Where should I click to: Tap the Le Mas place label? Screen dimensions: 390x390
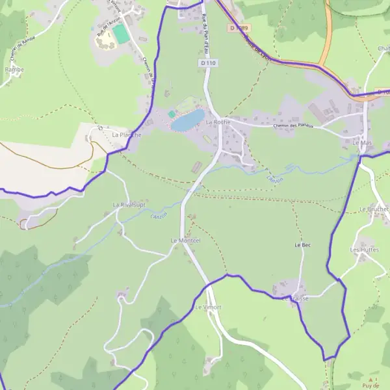coord(361,142)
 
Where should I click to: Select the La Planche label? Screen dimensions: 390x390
coord(127,135)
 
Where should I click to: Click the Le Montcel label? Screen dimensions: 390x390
coord(186,240)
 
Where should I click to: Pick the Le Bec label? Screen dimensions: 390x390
coord(302,245)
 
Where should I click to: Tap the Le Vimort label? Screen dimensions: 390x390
coord(207,306)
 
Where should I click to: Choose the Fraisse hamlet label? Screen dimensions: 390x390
coord(300,298)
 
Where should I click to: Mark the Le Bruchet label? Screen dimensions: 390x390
coord(374,209)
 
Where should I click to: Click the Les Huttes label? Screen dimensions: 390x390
coord(364,250)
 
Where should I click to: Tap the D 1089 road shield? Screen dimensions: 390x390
coord(239,28)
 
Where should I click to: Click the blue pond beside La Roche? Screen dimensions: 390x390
coord(188,120)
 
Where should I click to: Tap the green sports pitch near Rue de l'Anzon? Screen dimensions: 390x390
coord(120,34)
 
